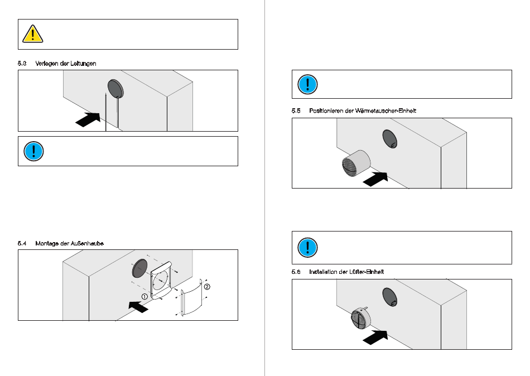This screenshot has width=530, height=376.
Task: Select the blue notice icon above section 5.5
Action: coord(307,84)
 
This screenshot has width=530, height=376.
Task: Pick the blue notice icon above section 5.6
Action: coord(307,247)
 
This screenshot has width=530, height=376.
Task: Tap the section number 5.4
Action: coord(22,243)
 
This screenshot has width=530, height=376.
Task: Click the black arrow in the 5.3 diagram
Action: coord(88,119)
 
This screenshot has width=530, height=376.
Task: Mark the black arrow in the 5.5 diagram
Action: coord(374,179)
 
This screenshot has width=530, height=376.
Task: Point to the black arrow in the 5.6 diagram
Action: coord(375,337)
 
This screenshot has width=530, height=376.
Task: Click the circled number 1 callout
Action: coord(144,296)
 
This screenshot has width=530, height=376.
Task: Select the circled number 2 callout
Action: coord(207,287)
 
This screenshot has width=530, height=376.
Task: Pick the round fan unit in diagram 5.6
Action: coord(360,322)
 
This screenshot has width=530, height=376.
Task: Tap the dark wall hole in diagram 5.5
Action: coord(389,138)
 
